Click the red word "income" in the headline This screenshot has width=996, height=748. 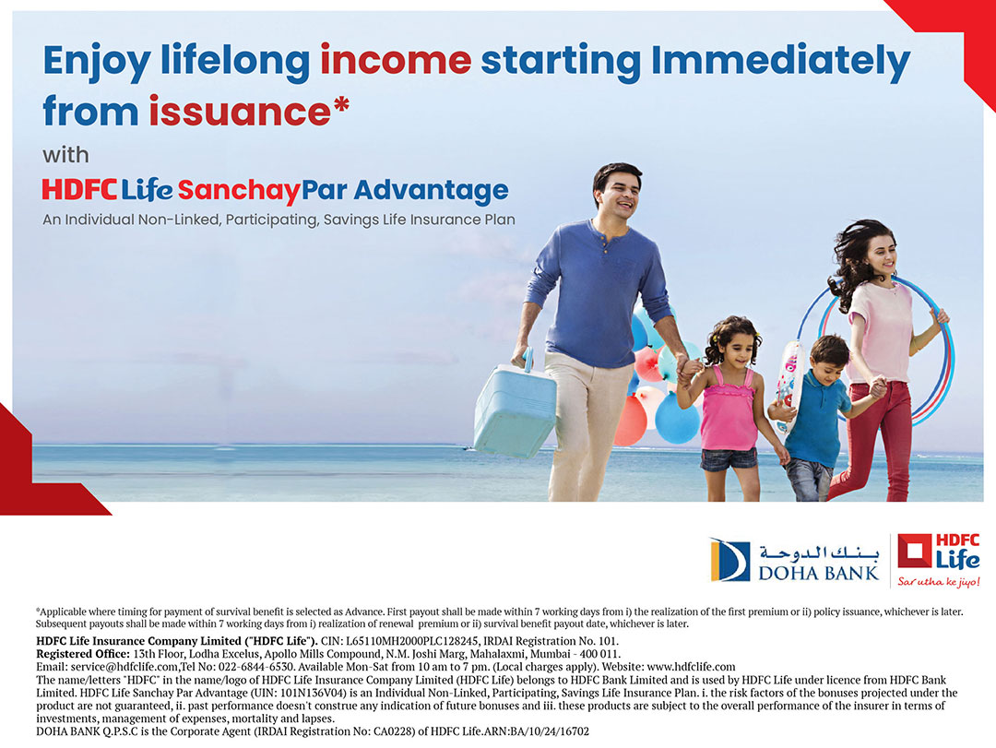tap(396, 60)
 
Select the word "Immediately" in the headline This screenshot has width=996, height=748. tap(781, 62)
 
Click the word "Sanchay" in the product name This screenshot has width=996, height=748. tap(238, 191)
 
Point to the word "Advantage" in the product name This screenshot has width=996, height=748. tap(432, 191)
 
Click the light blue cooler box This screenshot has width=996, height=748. tap(515, 410)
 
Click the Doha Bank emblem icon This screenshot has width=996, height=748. tap(729, 560)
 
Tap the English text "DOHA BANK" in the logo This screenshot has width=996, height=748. tap(818, 574)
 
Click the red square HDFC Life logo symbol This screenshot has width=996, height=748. tap(913, 551)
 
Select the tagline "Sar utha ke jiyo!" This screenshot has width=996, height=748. tap(938, 581)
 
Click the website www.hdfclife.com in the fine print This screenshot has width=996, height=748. tap(691, 667)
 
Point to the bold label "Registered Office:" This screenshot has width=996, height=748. tap(83, 654)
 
